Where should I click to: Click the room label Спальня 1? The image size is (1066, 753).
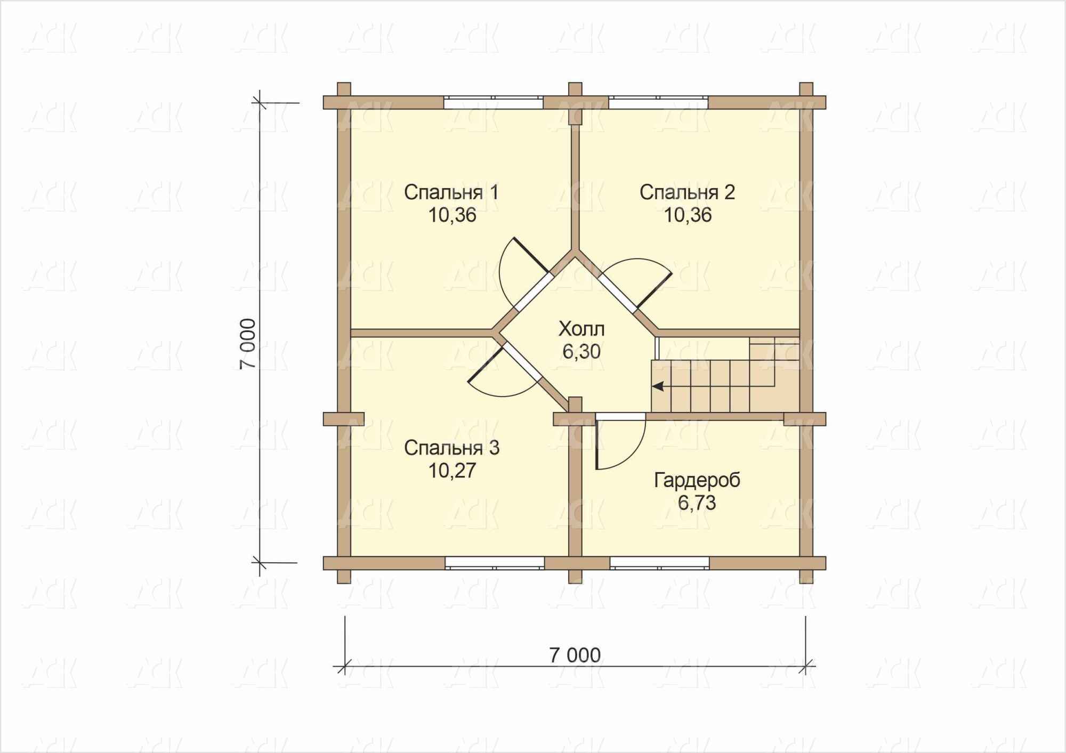click(451, 192)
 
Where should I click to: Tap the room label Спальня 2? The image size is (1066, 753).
click(688, 192)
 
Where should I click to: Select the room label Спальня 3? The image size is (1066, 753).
click(451, 448)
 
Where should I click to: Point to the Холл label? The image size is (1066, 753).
click(582, 329)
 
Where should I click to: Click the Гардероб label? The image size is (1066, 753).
click(697, 481)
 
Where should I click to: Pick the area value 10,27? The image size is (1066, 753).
click(452, 471)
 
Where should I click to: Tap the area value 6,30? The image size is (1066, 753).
click(582, 352)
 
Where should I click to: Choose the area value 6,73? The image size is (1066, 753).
click(697, 503)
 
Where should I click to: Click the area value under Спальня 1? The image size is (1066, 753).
click(452, 215)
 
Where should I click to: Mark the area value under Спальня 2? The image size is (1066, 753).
click(688, 215)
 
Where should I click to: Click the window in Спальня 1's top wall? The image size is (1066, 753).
click(494, 102)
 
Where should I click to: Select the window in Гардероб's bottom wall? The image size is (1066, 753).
click(660, 563)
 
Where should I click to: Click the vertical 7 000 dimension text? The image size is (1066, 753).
click(248, 344)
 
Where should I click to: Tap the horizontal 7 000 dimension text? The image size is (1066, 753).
click(575, 655)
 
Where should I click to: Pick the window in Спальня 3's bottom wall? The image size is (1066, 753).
click(495, 563)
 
